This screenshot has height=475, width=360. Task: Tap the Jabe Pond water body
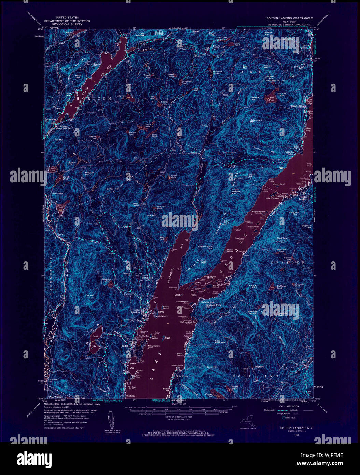(x=272, y=94)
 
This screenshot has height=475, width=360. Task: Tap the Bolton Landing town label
(x=136, y=311)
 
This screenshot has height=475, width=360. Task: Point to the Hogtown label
(x=259, y=367)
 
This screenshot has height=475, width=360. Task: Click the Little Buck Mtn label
(x=220, y=341)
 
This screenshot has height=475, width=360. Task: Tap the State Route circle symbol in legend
(x=283, y=417)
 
